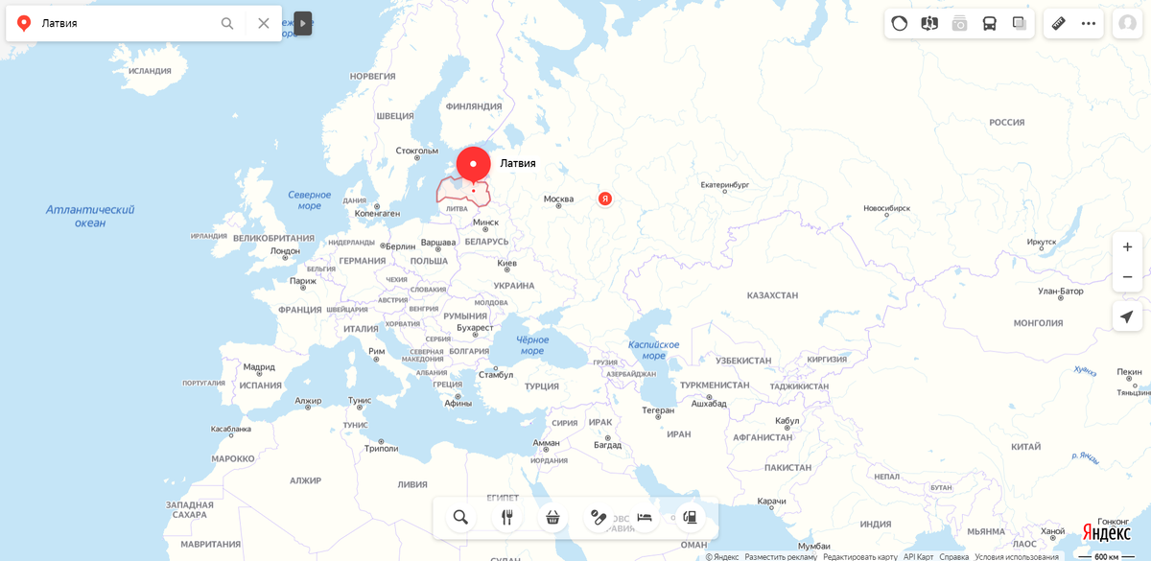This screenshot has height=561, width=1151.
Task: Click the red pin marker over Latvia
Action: point(473,164)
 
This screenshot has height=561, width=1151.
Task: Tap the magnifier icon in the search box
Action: point(227,23)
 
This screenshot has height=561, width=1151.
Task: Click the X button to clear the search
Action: point(264,23)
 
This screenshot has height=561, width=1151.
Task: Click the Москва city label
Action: point(558,199)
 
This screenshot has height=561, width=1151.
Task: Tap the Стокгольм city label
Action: point(417,151)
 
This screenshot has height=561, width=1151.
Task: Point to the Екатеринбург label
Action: point(724,184)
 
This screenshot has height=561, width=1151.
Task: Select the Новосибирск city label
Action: point(886,208)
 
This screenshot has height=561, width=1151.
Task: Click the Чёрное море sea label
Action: point(532,345)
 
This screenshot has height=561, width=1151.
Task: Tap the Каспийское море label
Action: point(653,350)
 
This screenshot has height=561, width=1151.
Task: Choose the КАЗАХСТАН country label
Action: point(772,295)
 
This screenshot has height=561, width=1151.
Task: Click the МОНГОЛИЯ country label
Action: point(1038,323)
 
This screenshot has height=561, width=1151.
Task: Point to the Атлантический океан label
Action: point(90,216)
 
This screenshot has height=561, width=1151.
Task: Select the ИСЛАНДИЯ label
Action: point(150,71)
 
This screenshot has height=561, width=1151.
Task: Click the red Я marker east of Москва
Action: point(605,199)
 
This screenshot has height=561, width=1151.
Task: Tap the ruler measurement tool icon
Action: point(1058,23)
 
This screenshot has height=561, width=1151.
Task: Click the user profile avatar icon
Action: point(1126,23)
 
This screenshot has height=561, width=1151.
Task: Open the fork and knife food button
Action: point(506,518)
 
